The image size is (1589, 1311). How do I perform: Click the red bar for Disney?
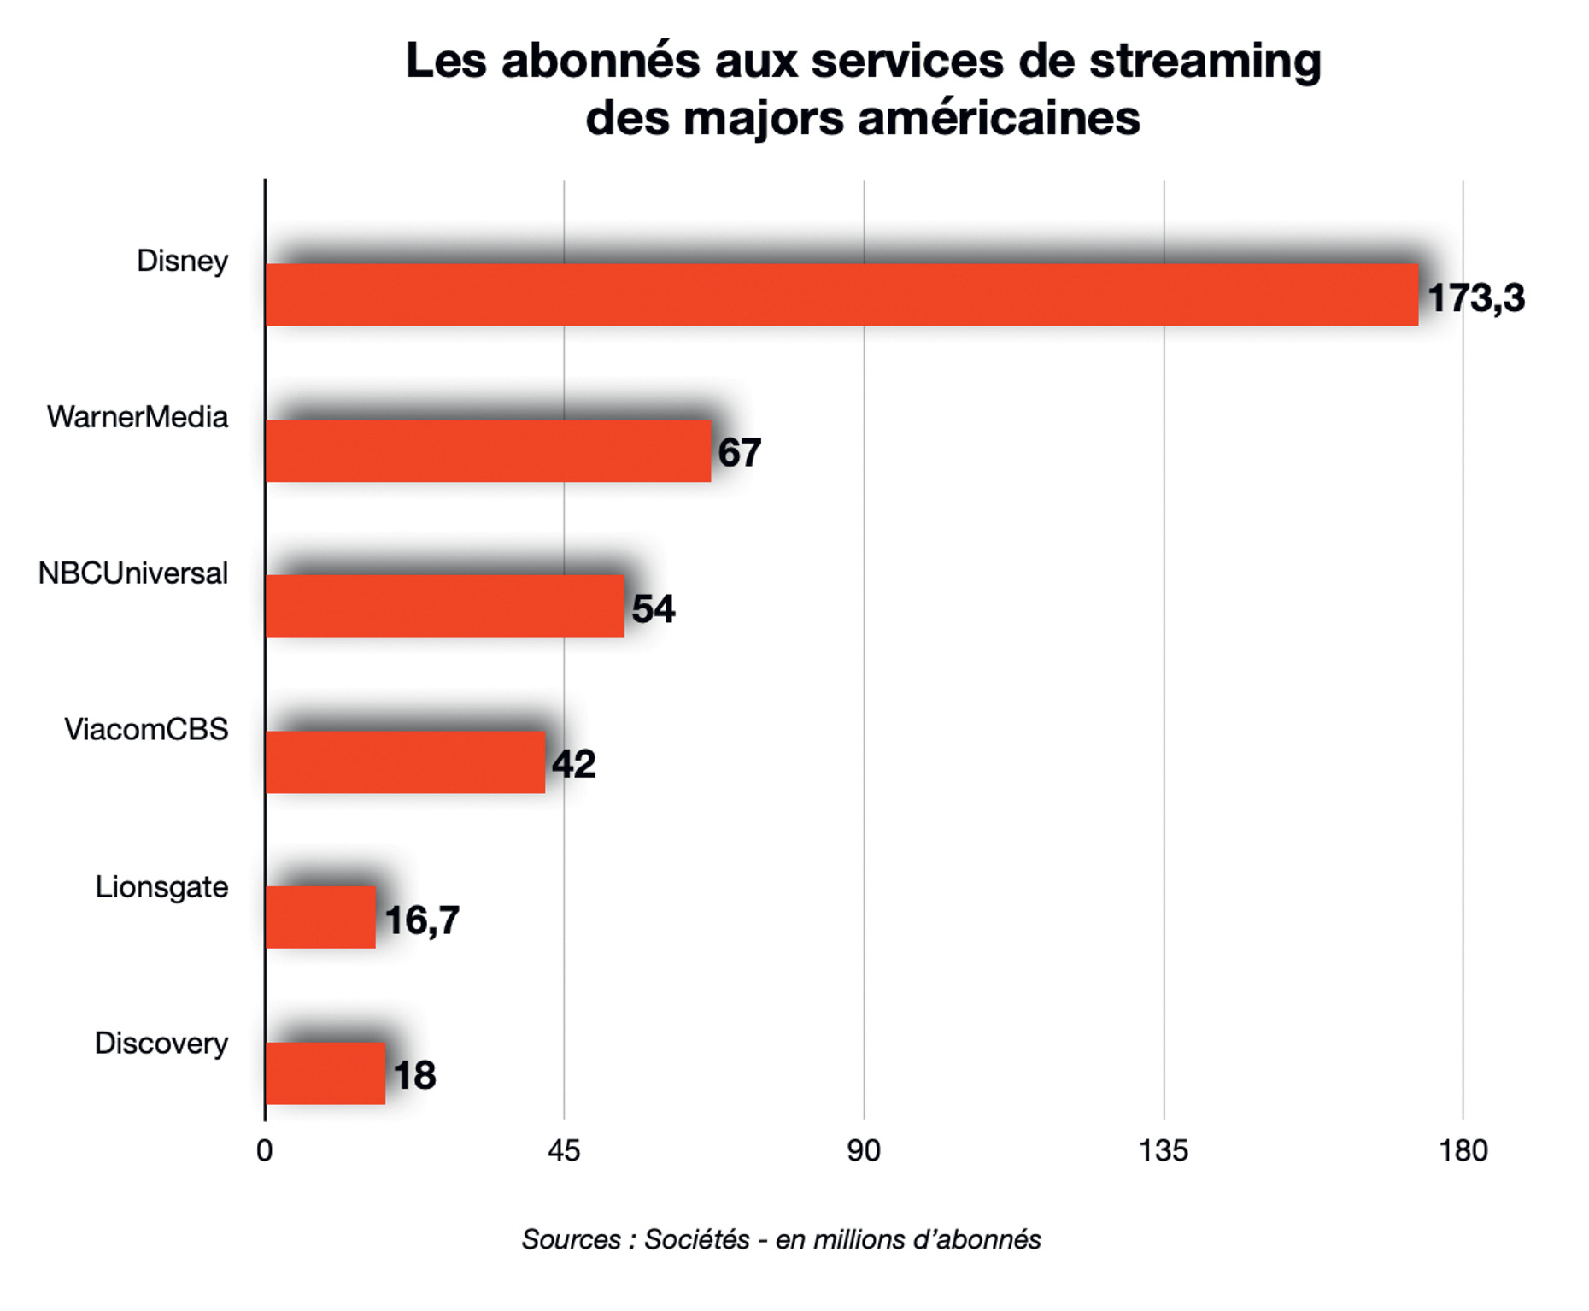[841, 295]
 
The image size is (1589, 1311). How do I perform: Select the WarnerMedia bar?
[488, 451]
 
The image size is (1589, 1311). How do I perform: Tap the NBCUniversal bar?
[445, 606]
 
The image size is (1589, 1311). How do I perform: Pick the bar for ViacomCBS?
[405, 762]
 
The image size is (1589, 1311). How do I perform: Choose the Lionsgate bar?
[320, 918]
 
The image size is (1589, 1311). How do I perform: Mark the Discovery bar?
[325, 1073]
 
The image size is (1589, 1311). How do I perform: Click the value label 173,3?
[1475, 298]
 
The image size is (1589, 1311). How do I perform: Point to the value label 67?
[739, 453]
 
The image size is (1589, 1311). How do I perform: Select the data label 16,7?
[422, 920]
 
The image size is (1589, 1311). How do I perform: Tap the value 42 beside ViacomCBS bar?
[573, 764]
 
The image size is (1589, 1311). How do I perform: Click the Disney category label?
[182, 261]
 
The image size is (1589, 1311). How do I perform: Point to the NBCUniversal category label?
[133, 573]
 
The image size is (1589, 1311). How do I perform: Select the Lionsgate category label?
[161, 887]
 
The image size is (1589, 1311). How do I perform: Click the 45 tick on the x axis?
[564, 1151]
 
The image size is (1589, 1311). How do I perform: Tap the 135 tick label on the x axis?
[1163, 1151]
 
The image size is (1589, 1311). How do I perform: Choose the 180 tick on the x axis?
[1463, 1151]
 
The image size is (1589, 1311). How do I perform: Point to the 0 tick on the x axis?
[265, 1151]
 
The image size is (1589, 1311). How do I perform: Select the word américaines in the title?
[999, 118]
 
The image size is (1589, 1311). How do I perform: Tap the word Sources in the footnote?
[571, 1239]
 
